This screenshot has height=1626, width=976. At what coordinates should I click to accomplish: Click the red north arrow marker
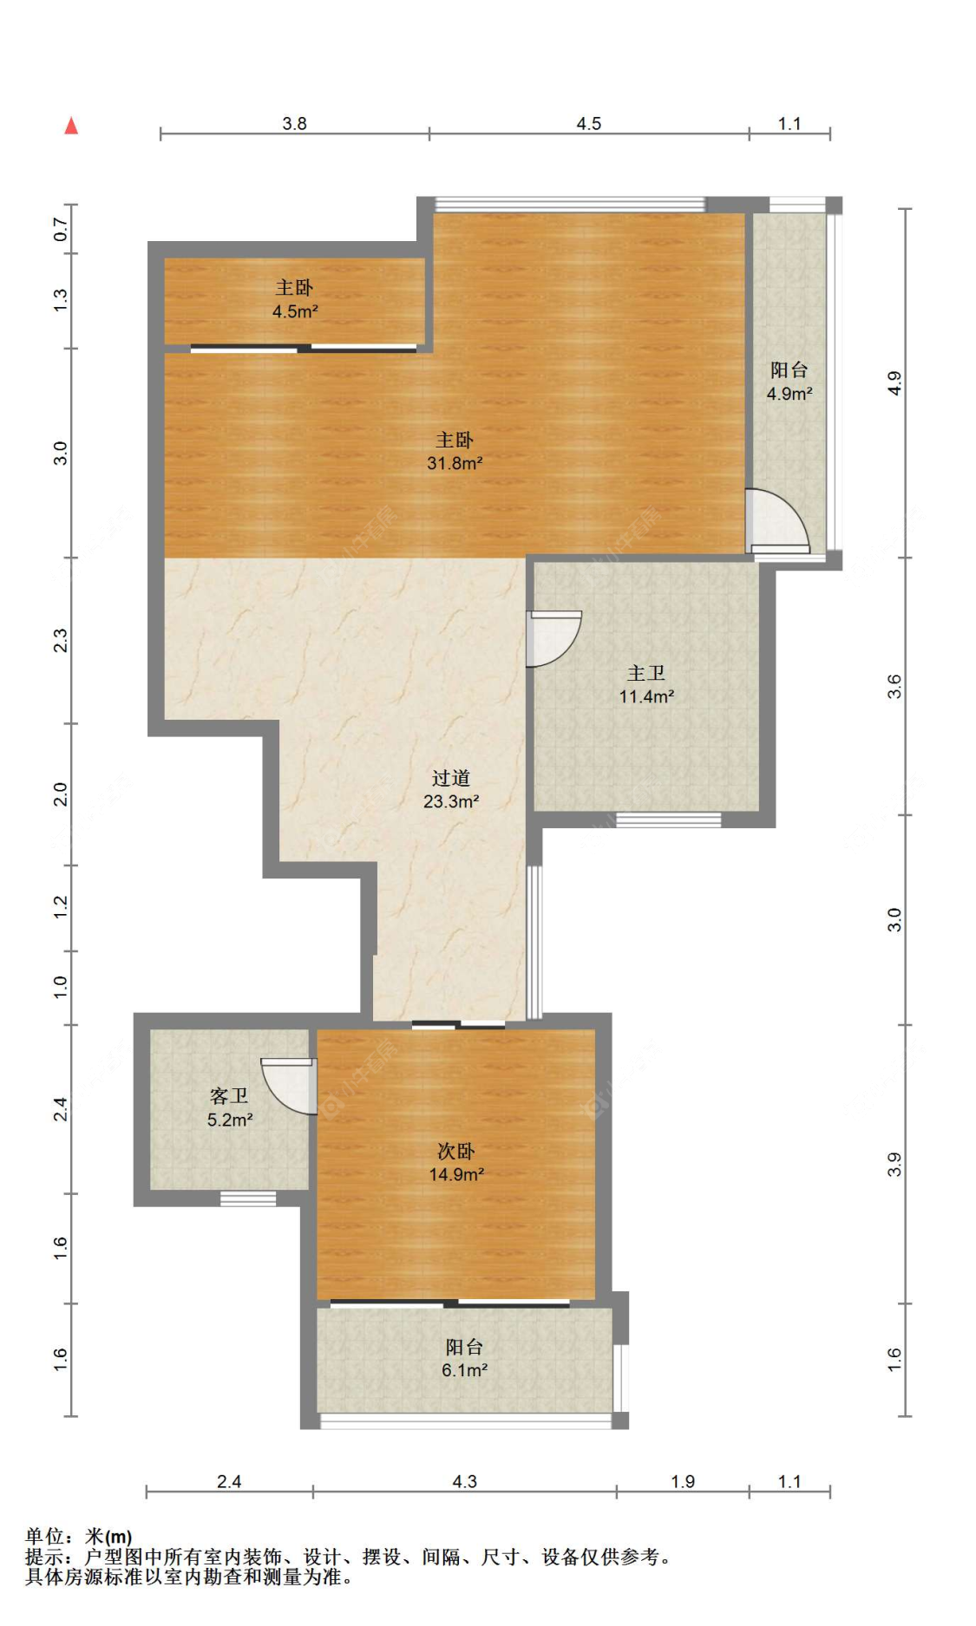coord(71,127)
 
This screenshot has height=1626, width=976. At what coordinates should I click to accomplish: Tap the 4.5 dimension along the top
coord(588,123)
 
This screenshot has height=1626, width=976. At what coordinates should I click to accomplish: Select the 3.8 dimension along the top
coord(294,123)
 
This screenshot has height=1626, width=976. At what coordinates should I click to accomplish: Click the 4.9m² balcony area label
coord(789,382)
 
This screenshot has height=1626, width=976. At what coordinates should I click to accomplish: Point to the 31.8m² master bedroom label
coord(454,451)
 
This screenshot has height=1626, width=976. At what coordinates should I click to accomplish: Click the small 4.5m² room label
coord(294,299)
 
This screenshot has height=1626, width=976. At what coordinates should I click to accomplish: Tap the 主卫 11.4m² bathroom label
coord(646,684)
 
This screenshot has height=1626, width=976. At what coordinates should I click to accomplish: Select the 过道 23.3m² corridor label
coord(450,789)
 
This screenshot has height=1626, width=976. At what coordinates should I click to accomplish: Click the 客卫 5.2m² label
coord(229,1107)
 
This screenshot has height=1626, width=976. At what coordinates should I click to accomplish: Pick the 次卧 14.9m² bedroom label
coord(455,1162)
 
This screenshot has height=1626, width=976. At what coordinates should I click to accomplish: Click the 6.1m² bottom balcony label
coord(464,1358)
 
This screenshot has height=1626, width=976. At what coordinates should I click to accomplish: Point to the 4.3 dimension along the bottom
coord(464,1481)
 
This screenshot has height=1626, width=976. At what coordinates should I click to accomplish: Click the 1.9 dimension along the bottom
coord(683,1481)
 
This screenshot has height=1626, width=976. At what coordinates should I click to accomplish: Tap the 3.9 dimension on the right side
coord(894,1165)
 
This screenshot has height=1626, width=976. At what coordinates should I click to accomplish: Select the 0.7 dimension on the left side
coord(60,229)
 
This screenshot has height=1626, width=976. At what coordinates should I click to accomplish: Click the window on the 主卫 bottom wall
coord(668,820)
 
